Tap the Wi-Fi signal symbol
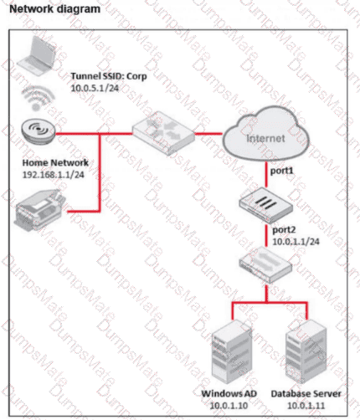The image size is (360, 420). pos(38,98)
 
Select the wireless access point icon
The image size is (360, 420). pos(39,131)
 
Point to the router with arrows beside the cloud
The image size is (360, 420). pos(163,133)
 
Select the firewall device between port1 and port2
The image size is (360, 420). pos(265,206)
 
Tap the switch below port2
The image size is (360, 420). pos(265,264)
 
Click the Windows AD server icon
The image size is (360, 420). pos(231,352)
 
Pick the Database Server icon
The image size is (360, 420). pos(306,351)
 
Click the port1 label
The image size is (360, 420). pos(281,171)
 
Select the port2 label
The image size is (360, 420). pos(284,230)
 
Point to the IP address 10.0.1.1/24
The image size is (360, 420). pos(296,242)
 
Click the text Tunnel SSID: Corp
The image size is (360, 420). pos(109,76)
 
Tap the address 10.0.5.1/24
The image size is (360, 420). pos(95,88)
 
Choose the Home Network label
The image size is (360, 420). pos(55,162)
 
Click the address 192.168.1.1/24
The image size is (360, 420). pos(53,175)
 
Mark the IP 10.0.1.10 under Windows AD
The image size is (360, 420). pos(229,406)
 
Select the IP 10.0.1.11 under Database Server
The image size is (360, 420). pos(306,406)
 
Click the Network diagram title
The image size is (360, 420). pos(55,9)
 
